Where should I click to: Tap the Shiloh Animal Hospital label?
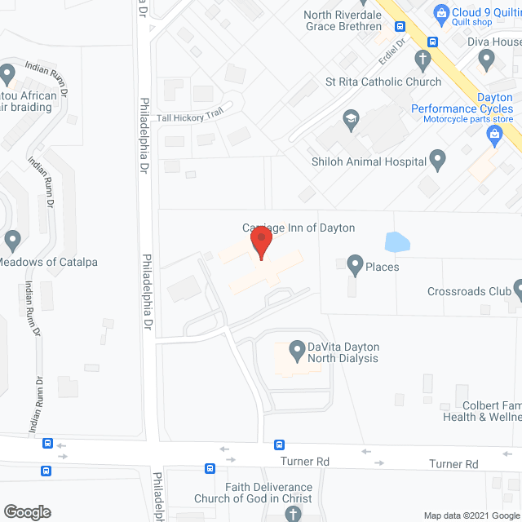[369, 161]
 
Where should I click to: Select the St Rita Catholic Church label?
[383, 82]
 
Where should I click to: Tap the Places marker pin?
[355, 264]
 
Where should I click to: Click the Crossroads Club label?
[468, 291]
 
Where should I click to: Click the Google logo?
[26, 511]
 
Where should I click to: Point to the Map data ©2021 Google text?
[470, 515]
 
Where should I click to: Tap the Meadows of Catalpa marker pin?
[12, 241]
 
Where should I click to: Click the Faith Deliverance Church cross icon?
[293, 514]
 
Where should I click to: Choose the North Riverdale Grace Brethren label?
[343, 20]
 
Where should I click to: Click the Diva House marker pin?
[487, 59]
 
